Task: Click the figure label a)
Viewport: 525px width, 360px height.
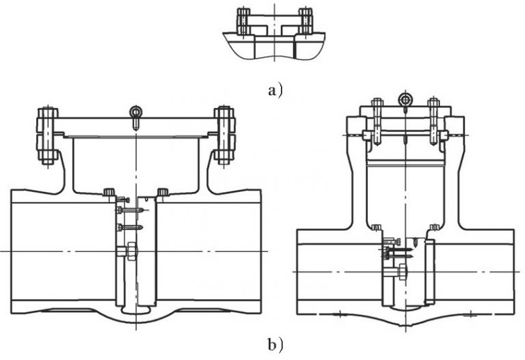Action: [x=274, y=89]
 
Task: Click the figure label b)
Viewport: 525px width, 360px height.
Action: [x=274, y=343]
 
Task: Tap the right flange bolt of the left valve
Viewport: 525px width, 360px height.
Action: [x=224, y=135]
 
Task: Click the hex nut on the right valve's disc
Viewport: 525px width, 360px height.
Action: [x=402, y=272]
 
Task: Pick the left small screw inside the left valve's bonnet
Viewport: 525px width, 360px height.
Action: [x=109, y=192]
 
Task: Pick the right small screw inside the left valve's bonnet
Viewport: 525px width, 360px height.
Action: [x=163, y=192]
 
